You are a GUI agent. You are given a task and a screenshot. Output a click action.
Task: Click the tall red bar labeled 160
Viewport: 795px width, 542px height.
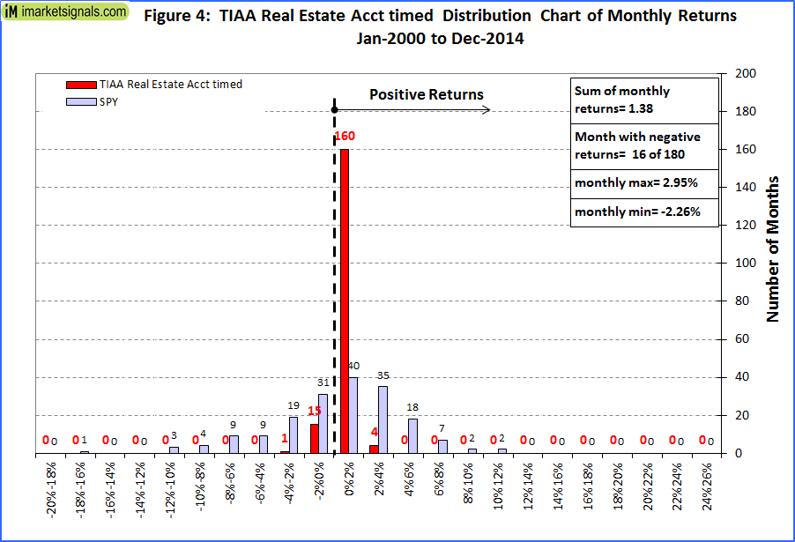[x=344, y=300]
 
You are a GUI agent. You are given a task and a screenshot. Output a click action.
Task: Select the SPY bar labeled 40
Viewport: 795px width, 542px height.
[x=354, y=415]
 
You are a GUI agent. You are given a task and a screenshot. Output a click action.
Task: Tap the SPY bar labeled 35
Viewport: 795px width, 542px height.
[x=383, y=419]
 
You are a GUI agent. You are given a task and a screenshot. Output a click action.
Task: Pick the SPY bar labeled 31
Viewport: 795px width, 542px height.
[x=323, y=423]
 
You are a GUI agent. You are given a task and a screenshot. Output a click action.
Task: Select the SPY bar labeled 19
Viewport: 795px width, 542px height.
[x=293, y=434]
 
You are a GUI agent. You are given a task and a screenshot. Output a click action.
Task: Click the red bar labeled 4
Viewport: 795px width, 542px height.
[x=374, y=449]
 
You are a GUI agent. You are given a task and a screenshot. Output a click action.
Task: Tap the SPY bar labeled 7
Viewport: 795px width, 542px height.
[x=443, y=446]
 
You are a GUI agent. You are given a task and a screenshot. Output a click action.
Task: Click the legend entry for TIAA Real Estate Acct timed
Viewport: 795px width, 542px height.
[x=154, y=85]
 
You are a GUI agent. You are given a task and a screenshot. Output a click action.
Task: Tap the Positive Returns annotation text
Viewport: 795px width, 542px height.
[x=426, y=94]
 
